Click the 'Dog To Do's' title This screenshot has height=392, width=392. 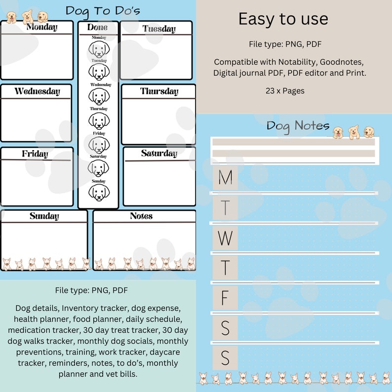click(103, 10)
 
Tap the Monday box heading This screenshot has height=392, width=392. click(41, 27)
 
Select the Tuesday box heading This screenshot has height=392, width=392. click(159, 29)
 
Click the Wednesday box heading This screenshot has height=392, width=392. click(37, 91)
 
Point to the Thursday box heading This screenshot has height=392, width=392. click(159, 91)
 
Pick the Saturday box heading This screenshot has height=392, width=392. click(159, 154)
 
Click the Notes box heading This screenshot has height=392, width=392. click(141, 216)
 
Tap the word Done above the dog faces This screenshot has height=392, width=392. click(97, 28)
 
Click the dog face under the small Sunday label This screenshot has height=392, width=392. click(99, 192)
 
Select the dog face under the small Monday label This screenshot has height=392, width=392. click(99, 49)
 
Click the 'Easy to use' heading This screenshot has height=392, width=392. click(283, 19)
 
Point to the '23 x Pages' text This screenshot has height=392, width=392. click(285, 91)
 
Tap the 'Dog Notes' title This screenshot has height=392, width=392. click(298, 125)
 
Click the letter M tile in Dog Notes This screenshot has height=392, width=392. click(225, 177)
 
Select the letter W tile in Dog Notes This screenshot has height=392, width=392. click(225, 238)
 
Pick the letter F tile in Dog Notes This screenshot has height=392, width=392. click(225, 298)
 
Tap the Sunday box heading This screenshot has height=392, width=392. click(44, 216)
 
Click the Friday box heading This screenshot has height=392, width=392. click(35, 154)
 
